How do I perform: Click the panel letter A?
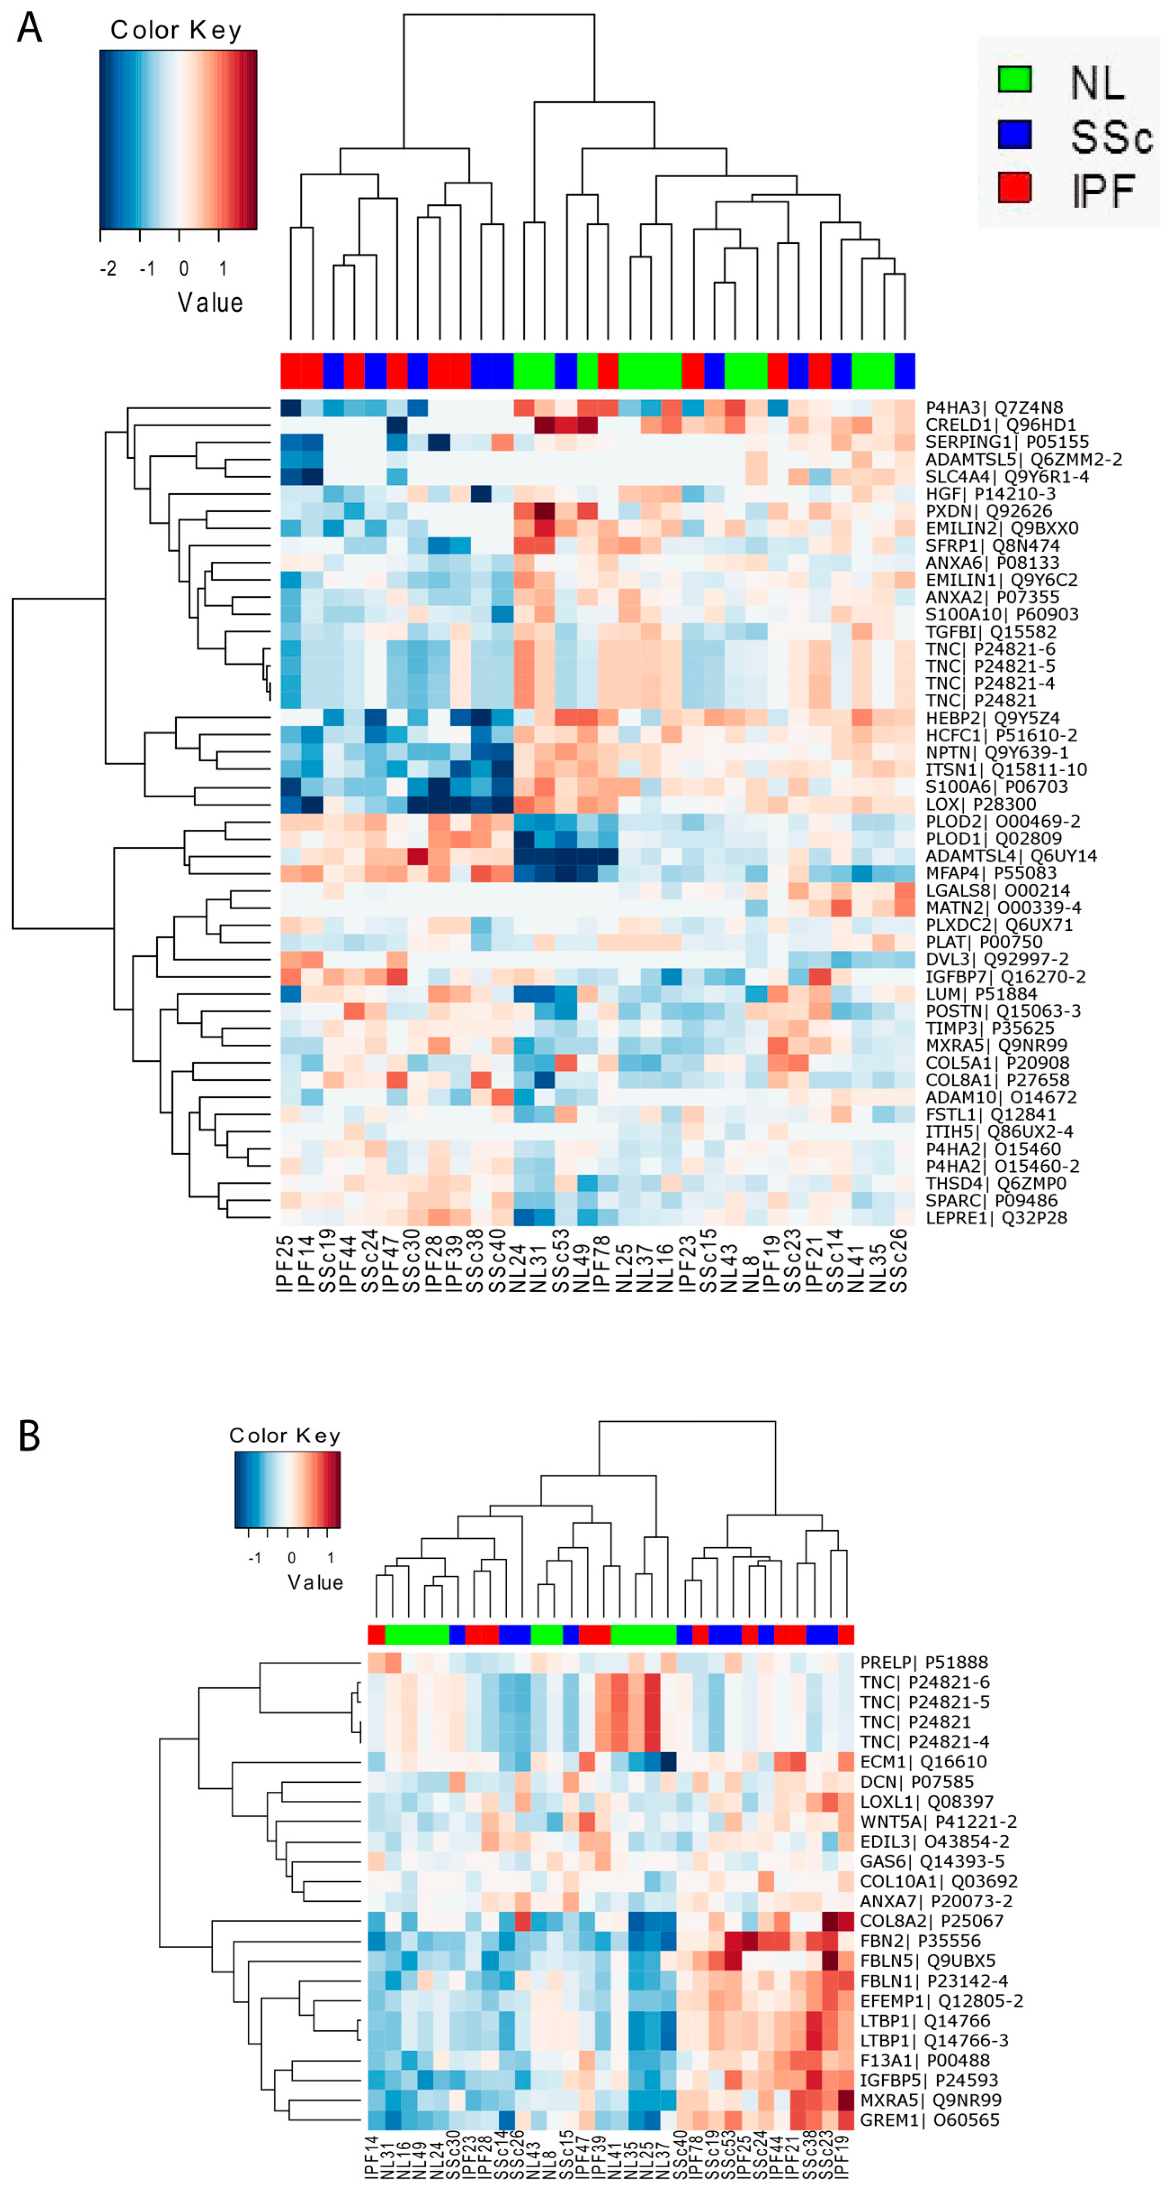[x=30, y=28]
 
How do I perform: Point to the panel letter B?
[x=30, y=1436]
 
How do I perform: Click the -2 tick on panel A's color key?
[x=108, y=269]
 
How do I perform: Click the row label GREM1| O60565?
[x=930, y=2120]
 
